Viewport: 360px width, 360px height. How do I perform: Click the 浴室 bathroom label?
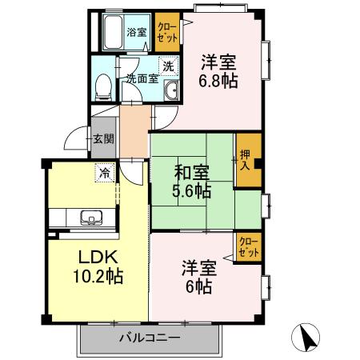[137, 33]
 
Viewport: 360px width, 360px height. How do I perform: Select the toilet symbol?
[101, 86]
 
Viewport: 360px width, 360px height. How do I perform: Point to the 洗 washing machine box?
[167, 67]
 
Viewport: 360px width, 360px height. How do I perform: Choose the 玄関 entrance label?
[103, 139]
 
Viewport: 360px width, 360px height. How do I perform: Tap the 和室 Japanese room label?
[191, 171]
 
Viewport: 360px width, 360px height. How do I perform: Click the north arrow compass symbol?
[306, 337]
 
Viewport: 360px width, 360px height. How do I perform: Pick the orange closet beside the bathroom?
[166, 31]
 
